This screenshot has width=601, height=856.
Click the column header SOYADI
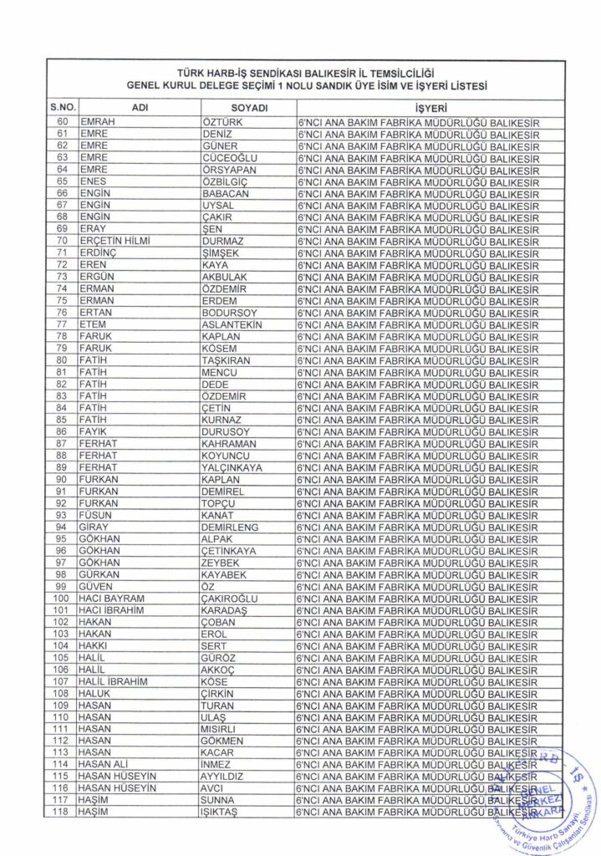[x=248, y=109]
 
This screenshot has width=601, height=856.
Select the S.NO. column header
[x=62, y=109]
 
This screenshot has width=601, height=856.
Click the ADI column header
[x=139, y=109]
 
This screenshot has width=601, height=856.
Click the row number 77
[x=62, y=324]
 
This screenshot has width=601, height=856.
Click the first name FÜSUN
[x=95, y=515]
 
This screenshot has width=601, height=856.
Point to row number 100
[x=62, y=599]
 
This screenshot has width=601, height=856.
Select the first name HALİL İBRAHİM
[x=113, y=681]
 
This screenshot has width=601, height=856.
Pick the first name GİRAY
[x=94, y=527]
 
